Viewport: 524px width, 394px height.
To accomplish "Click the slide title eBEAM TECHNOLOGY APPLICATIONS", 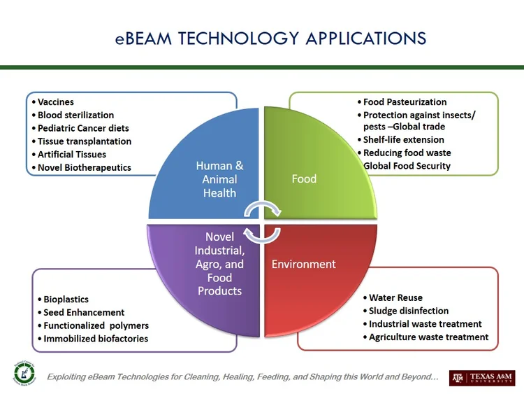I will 270,37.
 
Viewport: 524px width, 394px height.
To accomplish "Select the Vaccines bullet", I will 56,102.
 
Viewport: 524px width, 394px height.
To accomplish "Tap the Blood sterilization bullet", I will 75,115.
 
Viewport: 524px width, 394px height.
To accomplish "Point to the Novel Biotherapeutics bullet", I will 84,167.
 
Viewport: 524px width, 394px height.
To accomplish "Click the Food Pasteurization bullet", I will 405,102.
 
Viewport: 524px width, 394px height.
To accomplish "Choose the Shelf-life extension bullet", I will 403,140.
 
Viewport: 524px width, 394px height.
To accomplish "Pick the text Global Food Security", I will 407,166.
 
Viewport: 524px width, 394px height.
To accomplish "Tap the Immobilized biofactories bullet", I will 96,339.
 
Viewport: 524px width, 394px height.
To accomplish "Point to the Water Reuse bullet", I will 395,298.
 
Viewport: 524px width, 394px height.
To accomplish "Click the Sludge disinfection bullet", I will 409,311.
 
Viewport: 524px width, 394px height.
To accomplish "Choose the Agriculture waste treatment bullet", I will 428,337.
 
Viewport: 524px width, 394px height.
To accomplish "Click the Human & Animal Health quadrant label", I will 219,179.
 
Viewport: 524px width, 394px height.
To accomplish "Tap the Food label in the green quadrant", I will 304,179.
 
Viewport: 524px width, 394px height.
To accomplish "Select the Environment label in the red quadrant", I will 303,265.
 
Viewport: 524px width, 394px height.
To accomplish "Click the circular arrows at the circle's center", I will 262,220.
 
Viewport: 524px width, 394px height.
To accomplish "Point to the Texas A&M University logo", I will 482,378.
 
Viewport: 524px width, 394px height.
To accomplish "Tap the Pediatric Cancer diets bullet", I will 83,128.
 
